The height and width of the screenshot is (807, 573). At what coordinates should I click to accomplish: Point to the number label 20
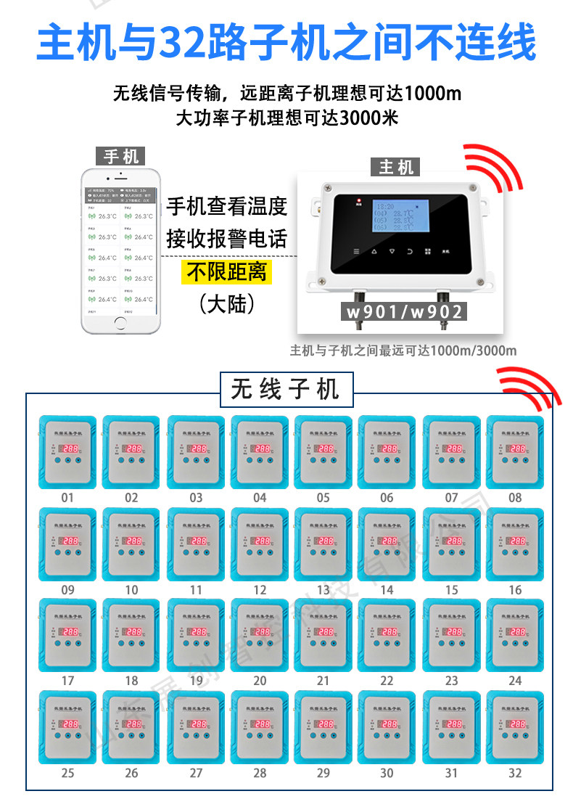(x=260, y=681)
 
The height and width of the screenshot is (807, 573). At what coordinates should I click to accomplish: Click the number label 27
(x=196, y=773)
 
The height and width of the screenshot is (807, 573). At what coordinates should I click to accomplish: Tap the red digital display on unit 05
(x=325, y=449)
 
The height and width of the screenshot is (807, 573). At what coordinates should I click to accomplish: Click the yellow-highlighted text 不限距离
(x=227, y=272)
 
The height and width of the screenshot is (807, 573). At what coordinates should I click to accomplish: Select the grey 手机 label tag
(x=120, y=155)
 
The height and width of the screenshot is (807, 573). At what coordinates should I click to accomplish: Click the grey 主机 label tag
(x=396, y=167)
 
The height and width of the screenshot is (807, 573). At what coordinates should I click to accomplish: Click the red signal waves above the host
(x=494, y=164)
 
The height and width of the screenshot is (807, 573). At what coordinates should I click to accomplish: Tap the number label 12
(x=260, y=589)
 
